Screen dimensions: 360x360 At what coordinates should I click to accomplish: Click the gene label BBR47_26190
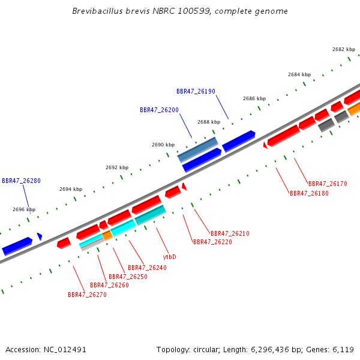pos(196,91)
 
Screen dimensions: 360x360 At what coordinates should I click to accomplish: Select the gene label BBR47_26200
pos(159,110)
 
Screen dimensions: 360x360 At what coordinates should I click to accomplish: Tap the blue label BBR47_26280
pos(21,181)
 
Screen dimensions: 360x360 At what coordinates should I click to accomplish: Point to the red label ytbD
pos(169,257)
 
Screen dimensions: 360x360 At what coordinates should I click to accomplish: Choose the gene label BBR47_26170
pos(328,184)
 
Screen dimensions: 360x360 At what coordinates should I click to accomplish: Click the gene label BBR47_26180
pos(309,193)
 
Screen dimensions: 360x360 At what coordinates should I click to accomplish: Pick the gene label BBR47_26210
pos(230,233)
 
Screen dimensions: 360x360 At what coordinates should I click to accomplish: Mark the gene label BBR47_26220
pos(212,242)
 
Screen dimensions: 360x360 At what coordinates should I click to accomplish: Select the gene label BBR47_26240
pos(147,268)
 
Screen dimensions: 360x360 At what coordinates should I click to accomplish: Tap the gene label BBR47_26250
pos(128,277)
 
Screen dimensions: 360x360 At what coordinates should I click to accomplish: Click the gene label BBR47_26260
pos(109,285)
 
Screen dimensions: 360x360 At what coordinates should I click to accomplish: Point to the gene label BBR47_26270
pos(87,295)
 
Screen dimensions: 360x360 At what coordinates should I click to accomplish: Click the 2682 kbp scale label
pos(344,49)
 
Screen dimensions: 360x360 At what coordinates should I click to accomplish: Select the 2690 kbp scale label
pos(163,145)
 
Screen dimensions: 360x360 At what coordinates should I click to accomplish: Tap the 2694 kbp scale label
pos(71,189)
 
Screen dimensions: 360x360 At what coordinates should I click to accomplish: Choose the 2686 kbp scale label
pos(254,98)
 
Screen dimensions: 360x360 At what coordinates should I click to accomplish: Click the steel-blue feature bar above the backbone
pos(198,149)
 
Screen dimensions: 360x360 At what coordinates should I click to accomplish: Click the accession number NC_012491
pos(65,350)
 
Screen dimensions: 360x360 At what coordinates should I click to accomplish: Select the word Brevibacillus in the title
pos(97,11)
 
